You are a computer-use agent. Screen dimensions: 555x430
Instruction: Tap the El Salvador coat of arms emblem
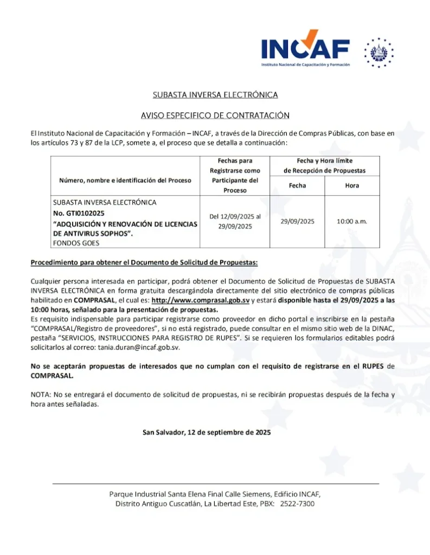[379, 53]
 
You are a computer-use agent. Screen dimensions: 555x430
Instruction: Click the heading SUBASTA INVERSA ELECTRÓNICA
[215, 95]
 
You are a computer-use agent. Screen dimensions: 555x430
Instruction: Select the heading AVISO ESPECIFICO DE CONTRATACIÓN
[215, 115]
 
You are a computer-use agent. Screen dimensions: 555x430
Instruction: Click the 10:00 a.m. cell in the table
[352, 221]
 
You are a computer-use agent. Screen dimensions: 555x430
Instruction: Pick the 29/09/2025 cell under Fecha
[297, 221]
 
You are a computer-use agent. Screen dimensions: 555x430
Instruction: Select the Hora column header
[352, 185]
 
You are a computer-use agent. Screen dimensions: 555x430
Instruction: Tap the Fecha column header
[297, 185]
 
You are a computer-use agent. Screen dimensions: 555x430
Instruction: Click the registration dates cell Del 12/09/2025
[235, 221]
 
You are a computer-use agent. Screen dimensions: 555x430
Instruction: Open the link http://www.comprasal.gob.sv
[200, 300]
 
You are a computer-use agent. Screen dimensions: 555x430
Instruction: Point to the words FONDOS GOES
[72, 243]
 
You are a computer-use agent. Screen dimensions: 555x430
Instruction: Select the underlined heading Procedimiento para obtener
[144, 262]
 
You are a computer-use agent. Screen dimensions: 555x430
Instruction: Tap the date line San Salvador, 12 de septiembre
[207, 432]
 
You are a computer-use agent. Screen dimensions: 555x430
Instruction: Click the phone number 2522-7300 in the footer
[299, 504]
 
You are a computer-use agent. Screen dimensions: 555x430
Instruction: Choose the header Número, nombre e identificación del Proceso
[125, 180]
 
